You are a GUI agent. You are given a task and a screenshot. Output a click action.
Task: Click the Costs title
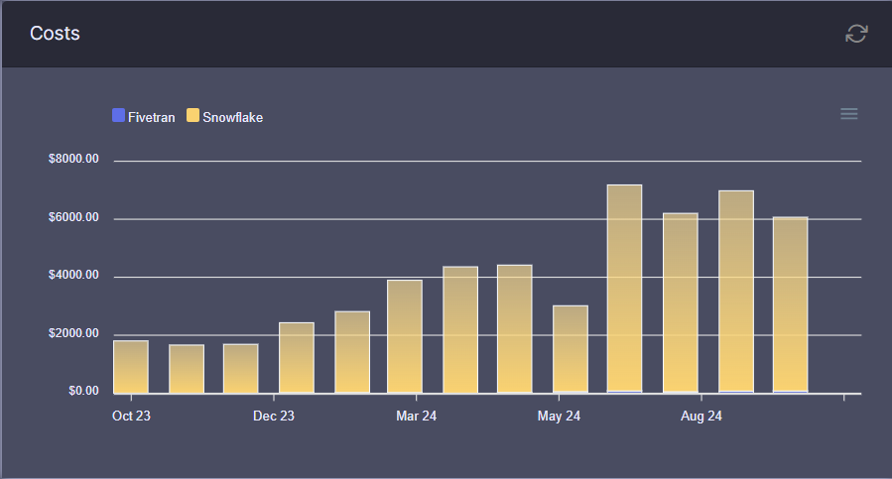click(55, 34)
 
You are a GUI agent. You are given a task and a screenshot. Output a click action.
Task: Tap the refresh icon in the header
click(856, 34)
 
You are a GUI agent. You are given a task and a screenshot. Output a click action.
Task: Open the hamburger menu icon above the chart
click(848, 114)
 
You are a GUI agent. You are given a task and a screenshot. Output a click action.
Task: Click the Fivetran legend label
click(151, 117)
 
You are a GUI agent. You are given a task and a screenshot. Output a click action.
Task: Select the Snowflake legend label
click(232, 117)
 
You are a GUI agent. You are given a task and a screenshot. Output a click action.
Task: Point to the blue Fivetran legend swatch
click(119, 116)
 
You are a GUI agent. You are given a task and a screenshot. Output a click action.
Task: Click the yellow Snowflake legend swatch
click(192, 116)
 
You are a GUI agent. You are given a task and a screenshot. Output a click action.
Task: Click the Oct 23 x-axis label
click(131, 417)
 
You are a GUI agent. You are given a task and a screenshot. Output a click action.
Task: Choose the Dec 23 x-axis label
click(274, 417)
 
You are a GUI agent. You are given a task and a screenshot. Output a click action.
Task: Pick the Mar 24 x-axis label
click(416, 417)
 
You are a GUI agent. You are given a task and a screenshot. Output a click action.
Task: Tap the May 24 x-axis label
click(559, 417)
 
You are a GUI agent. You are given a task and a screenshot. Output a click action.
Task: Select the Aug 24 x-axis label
click(701, 417)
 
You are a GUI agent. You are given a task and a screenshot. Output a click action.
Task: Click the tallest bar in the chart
click(624, 289)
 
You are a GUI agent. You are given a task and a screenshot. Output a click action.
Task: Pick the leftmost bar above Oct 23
click(131, 367)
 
